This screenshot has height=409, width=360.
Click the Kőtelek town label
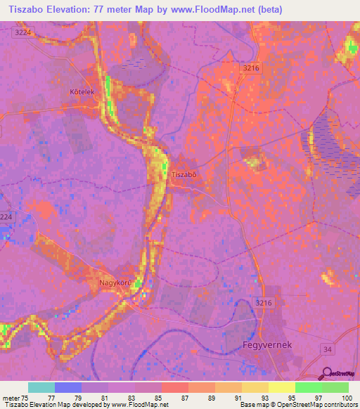point(82,92)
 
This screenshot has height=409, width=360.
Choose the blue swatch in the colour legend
point(67,387)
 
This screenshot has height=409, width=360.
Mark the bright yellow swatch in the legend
point(281,387)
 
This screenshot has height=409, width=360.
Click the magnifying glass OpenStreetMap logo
point(327,374)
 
